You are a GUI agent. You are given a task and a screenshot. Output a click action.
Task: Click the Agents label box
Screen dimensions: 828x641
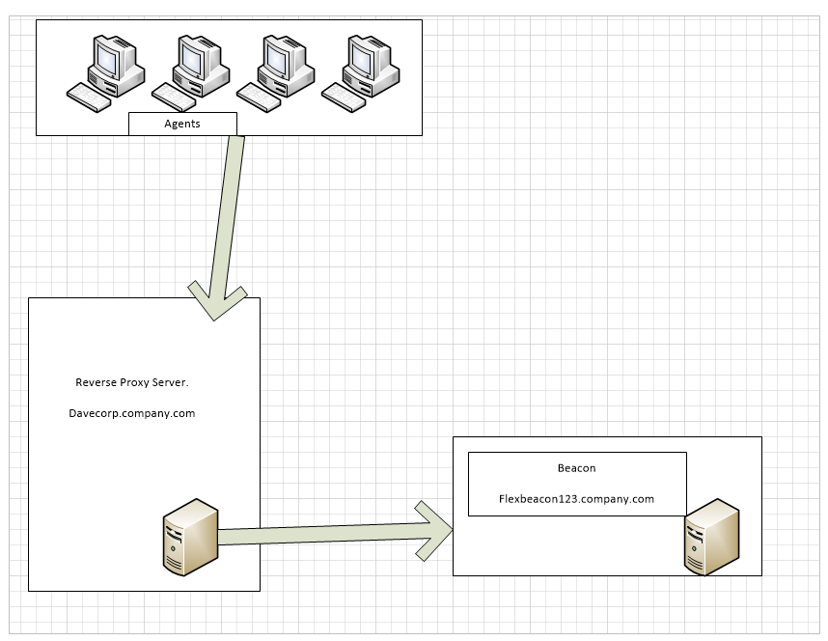click(182, 124)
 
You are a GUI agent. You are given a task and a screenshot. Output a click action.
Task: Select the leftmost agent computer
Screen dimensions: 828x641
click(105, 73)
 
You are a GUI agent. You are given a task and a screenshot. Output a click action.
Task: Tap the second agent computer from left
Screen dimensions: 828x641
click(191, 73)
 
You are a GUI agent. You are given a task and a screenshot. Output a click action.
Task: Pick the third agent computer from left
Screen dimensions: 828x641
click(276, 73)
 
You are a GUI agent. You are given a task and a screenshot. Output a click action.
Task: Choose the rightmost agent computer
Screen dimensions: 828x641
click(361, 73)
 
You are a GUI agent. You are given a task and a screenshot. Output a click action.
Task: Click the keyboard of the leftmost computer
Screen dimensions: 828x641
click(89, 98)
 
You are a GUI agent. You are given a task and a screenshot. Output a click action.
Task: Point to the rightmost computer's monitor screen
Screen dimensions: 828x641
click(362, 59)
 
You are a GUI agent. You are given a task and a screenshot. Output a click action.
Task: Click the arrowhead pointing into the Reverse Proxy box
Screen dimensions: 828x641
click(216, 301)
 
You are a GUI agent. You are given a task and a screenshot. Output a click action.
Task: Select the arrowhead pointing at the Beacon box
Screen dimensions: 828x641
click(434, 531)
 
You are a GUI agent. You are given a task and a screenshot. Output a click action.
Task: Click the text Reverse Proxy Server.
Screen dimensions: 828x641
click(132, 382)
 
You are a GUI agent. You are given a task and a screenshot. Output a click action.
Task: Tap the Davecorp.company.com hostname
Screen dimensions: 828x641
click(132, 413)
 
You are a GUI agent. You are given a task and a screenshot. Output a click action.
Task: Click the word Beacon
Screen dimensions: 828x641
click(577, 468)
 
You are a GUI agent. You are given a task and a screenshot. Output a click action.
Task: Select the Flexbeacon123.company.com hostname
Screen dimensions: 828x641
click(577, 499)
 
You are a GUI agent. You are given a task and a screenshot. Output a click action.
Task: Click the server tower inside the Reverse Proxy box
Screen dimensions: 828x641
click(191, 537)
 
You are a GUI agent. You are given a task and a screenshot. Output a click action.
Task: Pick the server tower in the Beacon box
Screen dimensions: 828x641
click(712, 537)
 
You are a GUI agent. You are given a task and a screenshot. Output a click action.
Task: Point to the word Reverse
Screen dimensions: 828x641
click(97, 382)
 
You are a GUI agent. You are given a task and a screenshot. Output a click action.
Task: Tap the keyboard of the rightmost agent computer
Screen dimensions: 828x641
click(344, 98)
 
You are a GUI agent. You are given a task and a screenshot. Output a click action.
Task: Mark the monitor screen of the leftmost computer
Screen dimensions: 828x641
click(107, 59)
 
